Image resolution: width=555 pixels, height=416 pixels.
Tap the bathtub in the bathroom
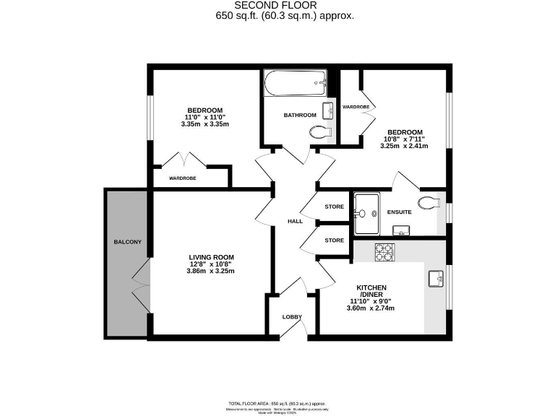tap(296, 85)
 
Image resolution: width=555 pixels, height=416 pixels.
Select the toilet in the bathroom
tap(319, 133)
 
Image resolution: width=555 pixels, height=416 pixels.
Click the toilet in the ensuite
tap(430, 202)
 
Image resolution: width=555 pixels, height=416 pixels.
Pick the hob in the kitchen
tap(383, 252)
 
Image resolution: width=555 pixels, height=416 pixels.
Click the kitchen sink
tap(436, 278)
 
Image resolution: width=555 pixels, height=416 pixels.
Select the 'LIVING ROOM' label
tap(211, 257)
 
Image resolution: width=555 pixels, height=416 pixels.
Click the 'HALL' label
tap(294, 222)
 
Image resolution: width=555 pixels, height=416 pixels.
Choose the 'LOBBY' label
tap(292, 317)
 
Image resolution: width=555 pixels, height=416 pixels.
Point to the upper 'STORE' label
tap(334, 207)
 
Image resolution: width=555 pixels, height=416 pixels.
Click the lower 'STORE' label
tap(334, 240)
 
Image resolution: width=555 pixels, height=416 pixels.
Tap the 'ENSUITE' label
tap(399, 212)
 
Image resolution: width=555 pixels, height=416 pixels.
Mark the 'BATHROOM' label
tap(300, 115)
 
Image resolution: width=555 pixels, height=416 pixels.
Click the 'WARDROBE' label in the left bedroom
tap(184, 178)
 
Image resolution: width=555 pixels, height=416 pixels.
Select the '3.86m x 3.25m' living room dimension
tap(211, 271)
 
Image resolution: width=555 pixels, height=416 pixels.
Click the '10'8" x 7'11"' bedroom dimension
tap(404, 139)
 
